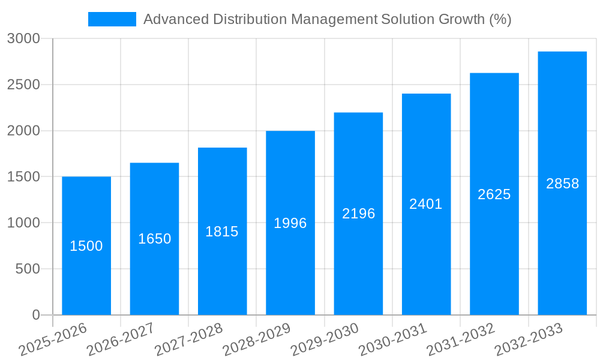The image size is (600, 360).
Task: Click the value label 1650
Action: [154, 239]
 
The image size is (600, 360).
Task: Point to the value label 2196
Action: [358, 214]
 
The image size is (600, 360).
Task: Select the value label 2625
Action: [494, 194]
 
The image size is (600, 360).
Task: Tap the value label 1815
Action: [222, 232]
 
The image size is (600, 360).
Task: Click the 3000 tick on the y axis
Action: [23, 39]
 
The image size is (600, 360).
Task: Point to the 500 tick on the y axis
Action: [28, 269]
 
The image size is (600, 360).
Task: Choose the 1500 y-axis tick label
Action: [23, 177]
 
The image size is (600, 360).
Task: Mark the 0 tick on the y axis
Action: [35, 315]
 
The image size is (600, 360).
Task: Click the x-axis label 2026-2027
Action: [121, 340]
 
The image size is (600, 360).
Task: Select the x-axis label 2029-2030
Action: [325, 340]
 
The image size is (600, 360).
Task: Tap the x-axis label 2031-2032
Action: [461, 340]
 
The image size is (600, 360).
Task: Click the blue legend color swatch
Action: [112, 19]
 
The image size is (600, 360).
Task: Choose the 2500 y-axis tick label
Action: [23, 85]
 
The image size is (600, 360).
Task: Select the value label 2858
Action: [562, 184]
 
